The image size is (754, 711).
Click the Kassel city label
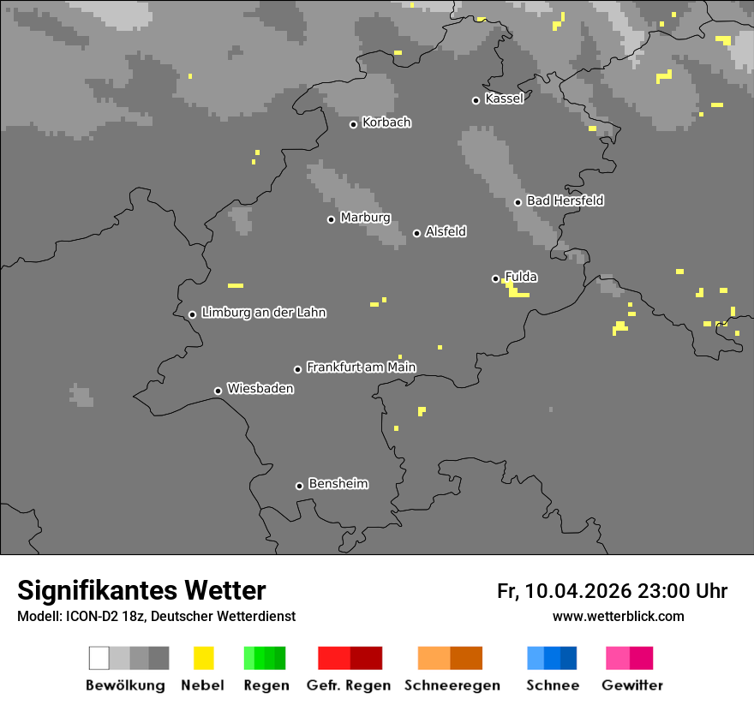pyautogui.click(x=504, y=99)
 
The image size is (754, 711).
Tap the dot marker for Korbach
pyautogui.click(x=353, y=124)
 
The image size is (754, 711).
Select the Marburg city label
pyautogui.click(x=365, y=218)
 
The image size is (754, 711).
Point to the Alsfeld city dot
pyautogui.click(x=416, y=233)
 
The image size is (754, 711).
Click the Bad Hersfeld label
pyautogui.click(x=565, y=200)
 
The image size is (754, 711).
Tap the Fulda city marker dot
pyautogui.click(x=495, y=278)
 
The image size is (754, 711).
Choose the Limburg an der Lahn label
pyautogui.click(x=263, y=313)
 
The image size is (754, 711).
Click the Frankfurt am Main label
pyautogui.click(x=361, y=367)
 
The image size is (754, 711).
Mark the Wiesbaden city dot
pyautogui.click(x=218, y=391)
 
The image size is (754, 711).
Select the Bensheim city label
pyautogui.click(x=338, y=484)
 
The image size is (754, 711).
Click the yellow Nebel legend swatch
pyautogui.click(x=203, y=658)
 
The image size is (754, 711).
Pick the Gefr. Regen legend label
pyautogui.click(x=349, y=685)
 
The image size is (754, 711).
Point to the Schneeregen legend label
pyautogui.click(x=452, y=685)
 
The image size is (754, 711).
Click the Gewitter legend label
pyautogui.click(x=632, y=685)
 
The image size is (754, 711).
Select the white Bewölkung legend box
pyautogui.click(x=99, y=658)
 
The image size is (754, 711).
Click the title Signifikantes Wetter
pyautogui.click(x=141, y=591)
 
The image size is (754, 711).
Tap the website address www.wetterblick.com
pyautogui.click(x=618, y=616)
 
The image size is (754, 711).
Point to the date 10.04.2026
pyautogui.click(x=578, y=591)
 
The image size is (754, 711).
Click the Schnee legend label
pyautogui.click(x=553, y=685)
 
